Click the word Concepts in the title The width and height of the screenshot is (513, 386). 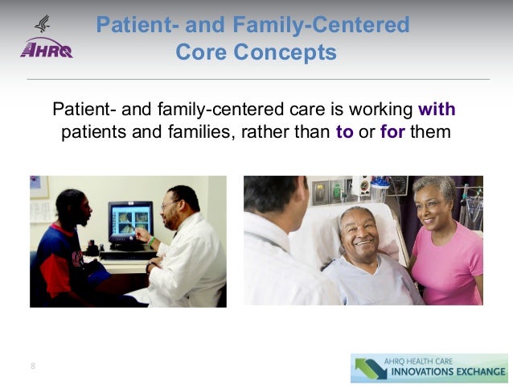point(285,53)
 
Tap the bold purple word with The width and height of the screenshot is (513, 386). point(437,110)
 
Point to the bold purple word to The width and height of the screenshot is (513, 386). point(344,131)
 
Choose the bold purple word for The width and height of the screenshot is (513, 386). point(392,131)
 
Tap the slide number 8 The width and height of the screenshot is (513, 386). point(33,367)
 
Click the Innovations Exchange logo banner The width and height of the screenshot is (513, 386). point(429,367)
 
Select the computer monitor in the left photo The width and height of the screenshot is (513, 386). point(130,222)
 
